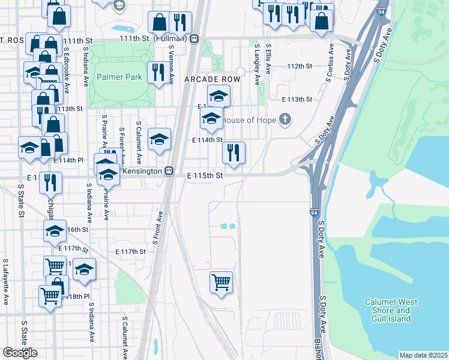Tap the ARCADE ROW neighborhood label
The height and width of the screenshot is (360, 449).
tap(212, 79)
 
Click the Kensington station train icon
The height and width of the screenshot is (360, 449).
tap(169, 172)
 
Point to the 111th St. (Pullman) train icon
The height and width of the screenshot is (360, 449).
tap(194, 38)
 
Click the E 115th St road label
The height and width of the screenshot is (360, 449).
tap(205, 176)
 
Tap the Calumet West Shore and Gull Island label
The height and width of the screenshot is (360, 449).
tap(387, 310)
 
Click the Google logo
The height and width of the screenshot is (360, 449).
tap(20, 352)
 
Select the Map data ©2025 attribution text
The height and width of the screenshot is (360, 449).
tap(423, 355)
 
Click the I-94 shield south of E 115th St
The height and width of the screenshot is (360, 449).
tap(315, 212)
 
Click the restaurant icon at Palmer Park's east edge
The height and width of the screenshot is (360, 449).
tap(158, 73)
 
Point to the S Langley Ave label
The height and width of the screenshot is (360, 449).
tap(257, 63)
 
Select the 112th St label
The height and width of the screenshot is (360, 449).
tap(300, 66)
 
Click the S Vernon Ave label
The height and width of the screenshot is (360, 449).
tap(171, 61)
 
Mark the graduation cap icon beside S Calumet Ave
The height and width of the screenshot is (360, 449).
tap(159, 140)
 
